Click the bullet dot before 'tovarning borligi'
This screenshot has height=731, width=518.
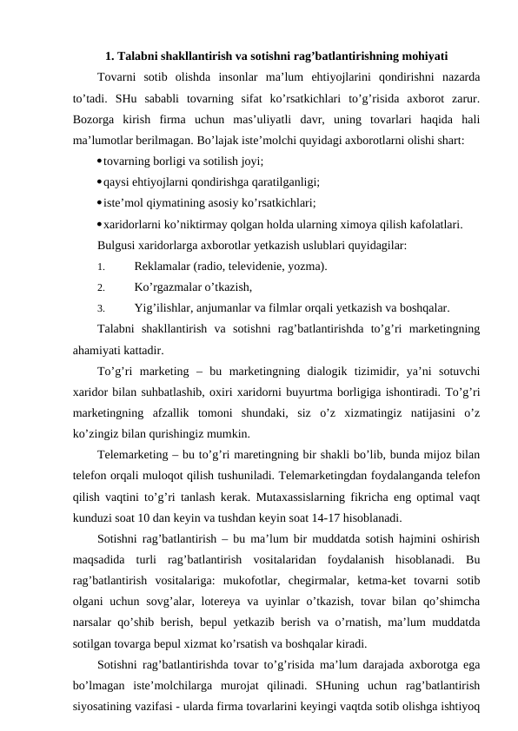pyautogui.click(x=101, y=161)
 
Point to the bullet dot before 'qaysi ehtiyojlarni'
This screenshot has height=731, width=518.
pyautogui.click(x=101, y=181)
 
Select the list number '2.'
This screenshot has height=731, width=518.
pyautogui.click(x=102, y=287)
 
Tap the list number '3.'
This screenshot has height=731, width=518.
pyautogui.click(x=102, y=308)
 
